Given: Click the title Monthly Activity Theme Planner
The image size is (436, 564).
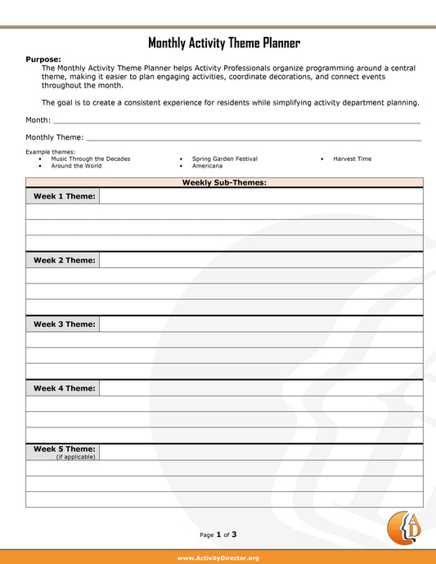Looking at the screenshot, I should tap(223, 43).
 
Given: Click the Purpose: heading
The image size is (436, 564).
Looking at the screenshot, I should tap(43, 60).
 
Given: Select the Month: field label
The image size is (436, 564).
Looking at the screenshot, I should tap(38, 120).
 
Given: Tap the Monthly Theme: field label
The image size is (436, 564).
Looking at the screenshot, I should tap(55, 137).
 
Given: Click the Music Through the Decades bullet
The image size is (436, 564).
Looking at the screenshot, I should tap(90, 159).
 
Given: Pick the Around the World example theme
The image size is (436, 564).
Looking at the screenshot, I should tap(76, 166).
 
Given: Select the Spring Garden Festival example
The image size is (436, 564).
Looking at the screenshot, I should tap(224, 159).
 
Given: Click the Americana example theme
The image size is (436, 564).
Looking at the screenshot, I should tap(207, 166).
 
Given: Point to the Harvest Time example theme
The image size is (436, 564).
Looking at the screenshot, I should tap(352, 159).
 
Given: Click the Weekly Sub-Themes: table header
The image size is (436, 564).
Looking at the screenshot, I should tap(224, 182).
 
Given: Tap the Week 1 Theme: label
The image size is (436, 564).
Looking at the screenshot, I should tap(64, 196).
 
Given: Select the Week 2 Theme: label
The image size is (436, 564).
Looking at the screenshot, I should tap(64, 260).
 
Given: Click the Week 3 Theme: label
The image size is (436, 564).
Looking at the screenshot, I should tap(64, 324).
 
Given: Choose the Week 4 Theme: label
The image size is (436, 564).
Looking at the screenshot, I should tap(64, 388).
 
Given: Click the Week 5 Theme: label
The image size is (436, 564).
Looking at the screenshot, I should tap(64, 449).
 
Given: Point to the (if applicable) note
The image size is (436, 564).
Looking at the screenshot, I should tap(75, 457).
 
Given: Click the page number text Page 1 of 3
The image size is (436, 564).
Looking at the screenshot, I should tap(218, 535).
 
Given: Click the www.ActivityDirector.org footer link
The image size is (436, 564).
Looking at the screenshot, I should tap(218, 557).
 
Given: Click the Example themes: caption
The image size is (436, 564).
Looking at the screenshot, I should tap(50, 152).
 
